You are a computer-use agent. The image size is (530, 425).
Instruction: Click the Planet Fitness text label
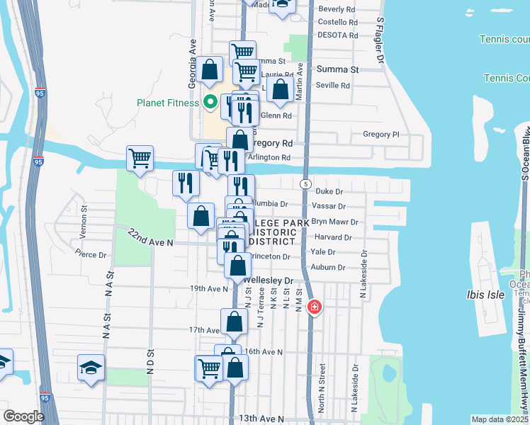point(169,102)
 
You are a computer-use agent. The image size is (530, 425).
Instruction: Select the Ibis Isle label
point(483,294)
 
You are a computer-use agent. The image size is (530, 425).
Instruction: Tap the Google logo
point(23,416)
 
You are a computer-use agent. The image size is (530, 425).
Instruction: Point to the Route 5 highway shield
point(305,183)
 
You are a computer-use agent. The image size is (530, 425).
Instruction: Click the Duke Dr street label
point(329,191)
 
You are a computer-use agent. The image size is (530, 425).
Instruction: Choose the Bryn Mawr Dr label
point(334,222)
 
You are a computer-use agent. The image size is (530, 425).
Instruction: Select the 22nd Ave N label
point(150,238)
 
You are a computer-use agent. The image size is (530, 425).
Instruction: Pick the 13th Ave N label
point(256,419)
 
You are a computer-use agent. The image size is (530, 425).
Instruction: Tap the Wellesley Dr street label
point(269,280)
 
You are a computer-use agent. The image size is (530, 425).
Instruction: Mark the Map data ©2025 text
point(500,419)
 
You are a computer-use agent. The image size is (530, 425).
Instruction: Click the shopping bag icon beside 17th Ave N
point(234,322)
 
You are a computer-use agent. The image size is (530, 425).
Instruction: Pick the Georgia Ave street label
point(192,54)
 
